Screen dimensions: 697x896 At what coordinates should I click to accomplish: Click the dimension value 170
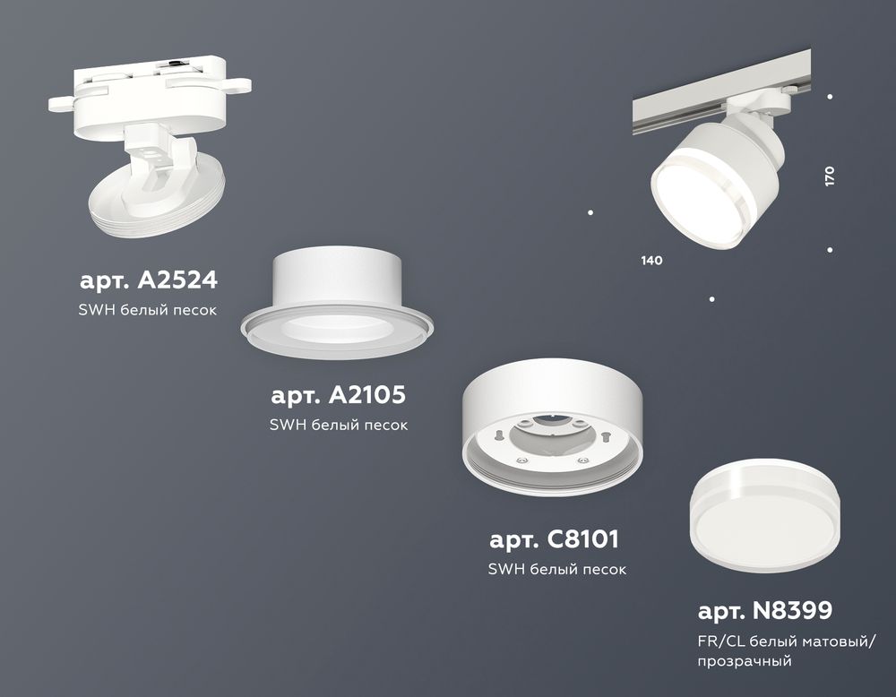pos(830,176)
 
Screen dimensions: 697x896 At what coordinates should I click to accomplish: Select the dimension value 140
pos(651,261)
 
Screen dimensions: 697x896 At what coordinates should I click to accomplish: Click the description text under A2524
pos(149,310)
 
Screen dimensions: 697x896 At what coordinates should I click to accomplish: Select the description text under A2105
pos(339,425)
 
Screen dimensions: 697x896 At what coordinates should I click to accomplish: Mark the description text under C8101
pos(556,569)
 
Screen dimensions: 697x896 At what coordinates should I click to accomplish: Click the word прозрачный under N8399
pos(745,662)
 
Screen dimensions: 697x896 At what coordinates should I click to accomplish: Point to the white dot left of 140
pos(590,212)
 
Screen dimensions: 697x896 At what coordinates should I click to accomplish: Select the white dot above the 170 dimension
pos(831,97)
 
